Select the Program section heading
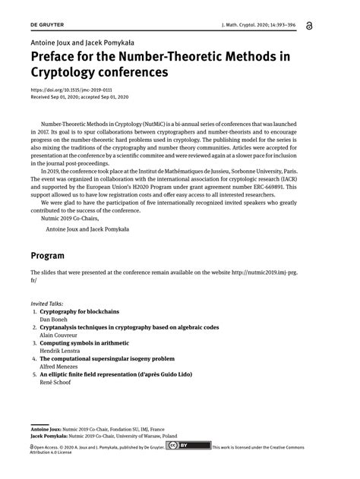(47, 255)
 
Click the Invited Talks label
(47, 304)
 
